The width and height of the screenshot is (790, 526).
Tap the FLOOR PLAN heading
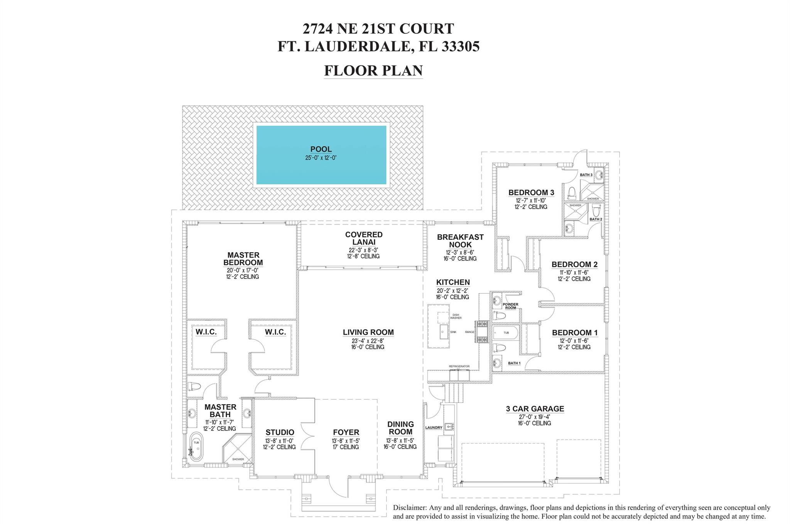(373, 71)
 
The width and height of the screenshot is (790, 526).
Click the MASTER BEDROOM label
(243, 259)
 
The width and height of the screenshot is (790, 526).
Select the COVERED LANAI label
(364, 238)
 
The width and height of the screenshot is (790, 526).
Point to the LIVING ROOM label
(368, 332)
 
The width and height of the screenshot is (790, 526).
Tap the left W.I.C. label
(206, 332)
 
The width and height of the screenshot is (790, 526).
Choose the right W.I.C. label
(275, 332)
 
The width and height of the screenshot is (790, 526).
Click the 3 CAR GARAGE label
(535, 408)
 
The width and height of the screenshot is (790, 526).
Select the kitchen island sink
(444, 331)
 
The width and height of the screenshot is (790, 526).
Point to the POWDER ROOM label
(510, 306)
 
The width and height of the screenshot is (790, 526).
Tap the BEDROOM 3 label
(531, 192)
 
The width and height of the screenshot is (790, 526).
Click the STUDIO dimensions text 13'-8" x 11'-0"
(280, 440)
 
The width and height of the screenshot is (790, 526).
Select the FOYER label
(346, 432)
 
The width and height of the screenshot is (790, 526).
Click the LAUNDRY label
(434, 428)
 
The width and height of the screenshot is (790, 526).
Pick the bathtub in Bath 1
(505, 332)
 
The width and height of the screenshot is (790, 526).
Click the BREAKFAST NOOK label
(460, 241)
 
